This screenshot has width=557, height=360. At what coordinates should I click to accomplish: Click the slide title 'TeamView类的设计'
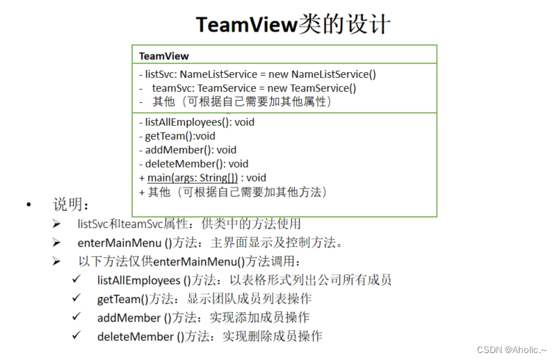pyautogui.click(x=293, y=24)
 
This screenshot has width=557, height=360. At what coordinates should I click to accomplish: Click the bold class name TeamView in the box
pyautogui.click(x=163, y=56)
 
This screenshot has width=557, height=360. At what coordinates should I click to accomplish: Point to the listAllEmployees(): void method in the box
pyautogui.click(x=196, y=122)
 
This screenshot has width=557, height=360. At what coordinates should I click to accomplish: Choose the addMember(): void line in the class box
pyautogui.click(x=187, y=150)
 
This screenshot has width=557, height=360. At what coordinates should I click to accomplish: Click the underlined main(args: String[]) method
pyautogui.click(x=193, y=178)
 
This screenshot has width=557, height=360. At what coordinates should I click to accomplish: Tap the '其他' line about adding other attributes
pyautogui.click(x=241, y=101)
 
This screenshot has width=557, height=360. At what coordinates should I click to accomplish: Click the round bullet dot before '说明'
pyautogui.click(x=29, y=205)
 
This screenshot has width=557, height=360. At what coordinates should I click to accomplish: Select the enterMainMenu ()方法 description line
pyautogui.click(x=209, y=243)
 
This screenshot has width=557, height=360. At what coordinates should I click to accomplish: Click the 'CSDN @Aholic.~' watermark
pyautogui.click(x=506, y=349)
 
